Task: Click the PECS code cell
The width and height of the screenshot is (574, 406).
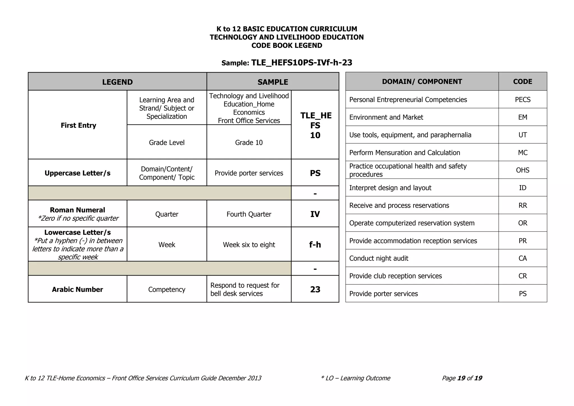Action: [522, 100]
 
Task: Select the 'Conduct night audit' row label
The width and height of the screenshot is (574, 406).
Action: [379, 258]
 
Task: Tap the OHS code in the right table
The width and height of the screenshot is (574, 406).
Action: [522, 170]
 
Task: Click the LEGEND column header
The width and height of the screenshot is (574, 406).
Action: [117, 82]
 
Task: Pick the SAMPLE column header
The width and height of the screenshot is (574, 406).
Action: [272, 82]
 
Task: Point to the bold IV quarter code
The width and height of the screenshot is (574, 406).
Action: [315, 214]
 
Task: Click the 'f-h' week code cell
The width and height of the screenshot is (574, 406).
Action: [315, 244]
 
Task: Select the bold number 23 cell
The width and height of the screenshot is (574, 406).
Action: [315, 289]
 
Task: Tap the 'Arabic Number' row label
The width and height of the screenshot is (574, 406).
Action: [77, 289]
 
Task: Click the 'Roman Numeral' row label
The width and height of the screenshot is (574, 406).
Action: [77, 210]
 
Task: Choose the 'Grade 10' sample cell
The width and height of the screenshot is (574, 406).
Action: [249, 142]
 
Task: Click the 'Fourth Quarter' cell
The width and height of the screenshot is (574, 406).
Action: [249, 214]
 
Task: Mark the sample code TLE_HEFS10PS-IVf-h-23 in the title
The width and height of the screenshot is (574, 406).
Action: [302, 63]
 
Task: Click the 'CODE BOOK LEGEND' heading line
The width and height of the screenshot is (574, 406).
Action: [287, 45]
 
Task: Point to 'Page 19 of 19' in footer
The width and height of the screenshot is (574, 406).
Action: [462, 378]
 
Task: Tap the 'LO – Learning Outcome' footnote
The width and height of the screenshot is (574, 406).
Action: [356, 378]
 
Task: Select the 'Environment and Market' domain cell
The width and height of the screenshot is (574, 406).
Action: [386, 117]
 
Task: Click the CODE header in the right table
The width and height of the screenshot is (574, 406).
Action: [522, 82]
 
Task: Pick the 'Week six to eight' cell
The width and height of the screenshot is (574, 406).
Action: [249, 244]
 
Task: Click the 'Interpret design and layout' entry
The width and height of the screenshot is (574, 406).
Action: [390, 188]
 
